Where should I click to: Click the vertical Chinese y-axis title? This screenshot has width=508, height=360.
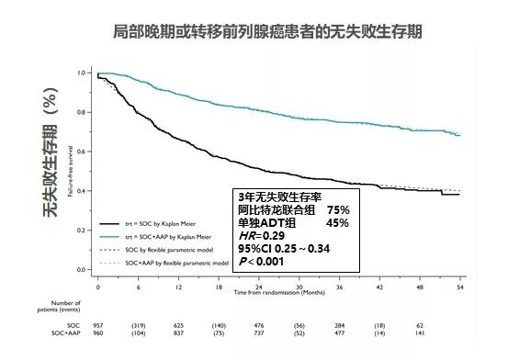click(51, 171)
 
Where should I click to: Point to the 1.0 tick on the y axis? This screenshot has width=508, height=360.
click(83, 73)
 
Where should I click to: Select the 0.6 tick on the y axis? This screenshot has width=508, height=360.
click(83, 152)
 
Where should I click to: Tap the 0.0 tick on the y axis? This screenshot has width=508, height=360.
click(83, 270)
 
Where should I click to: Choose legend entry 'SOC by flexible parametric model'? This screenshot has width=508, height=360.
click(169, 249)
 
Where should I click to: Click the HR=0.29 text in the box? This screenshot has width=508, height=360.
click(261, 234)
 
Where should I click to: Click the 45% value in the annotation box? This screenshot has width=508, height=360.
click(338, 221)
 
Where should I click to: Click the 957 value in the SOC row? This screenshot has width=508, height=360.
click(98, 326)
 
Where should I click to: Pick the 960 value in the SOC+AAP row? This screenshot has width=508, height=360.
click(98, 336)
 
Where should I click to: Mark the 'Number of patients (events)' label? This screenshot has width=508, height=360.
click(64, 306)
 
